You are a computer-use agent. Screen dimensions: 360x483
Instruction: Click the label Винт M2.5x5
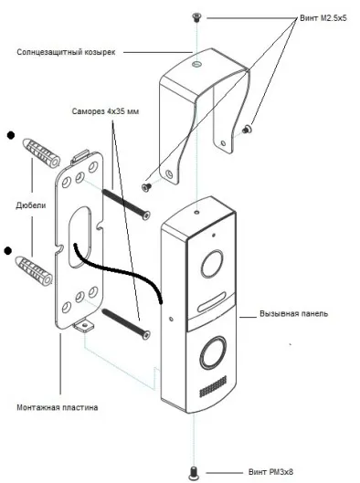pos(323,18)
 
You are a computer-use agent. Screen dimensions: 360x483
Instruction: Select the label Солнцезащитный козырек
pos(66,52)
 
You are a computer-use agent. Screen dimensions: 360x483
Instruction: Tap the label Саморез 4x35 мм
pos(105,110)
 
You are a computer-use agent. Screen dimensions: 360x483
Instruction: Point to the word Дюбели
pos(31,205)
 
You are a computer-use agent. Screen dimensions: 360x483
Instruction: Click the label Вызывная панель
pos(293,313)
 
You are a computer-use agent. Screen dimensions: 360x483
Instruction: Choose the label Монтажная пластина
pos(58,407)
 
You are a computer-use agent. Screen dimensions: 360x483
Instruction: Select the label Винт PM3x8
pos(270,472)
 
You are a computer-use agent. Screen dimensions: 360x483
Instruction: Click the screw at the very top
pos(196,16)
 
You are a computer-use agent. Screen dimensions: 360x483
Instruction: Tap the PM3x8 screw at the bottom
pos(194,472)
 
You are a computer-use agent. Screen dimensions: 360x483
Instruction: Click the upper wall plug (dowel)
pos(41,152)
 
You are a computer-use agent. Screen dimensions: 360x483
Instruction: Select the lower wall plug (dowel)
pos(34,270)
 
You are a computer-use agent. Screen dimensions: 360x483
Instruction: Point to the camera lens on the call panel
pos(212,264)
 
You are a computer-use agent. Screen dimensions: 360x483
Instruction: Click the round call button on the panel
pos(213,352)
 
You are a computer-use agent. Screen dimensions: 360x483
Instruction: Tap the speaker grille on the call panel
pos(213,386)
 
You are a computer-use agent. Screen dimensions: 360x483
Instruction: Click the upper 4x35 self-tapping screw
pos(126,205)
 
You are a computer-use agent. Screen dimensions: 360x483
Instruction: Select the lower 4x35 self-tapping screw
pos(126,324)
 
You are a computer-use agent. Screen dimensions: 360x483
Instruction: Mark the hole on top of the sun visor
pos(196,64)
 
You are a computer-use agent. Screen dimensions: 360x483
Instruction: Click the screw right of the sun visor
pos(247,129)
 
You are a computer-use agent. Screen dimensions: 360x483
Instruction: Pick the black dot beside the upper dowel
pos(11,135)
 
